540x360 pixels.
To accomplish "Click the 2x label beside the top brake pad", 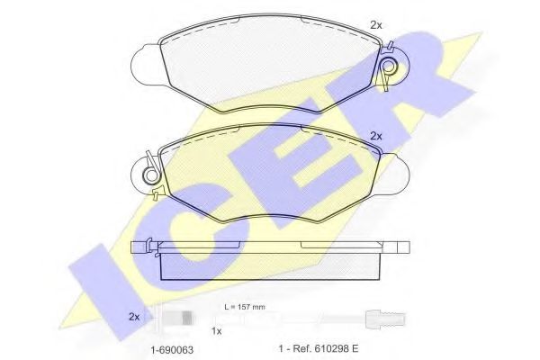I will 376,26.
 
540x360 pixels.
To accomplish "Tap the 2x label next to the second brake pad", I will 376,137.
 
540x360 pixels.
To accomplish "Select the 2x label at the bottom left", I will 135,317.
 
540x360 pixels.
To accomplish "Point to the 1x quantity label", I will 216,332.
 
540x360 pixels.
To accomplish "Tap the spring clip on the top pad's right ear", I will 389,68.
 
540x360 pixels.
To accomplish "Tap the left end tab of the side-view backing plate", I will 142,248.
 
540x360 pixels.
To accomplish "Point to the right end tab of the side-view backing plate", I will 401,248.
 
